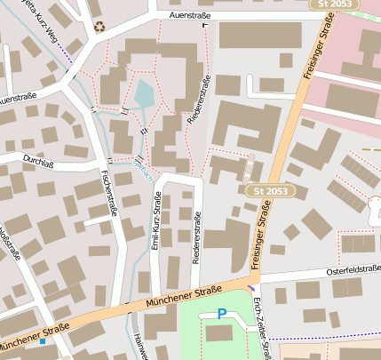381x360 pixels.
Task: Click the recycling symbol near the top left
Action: click(x=99, y=26)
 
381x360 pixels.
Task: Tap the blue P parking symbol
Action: click(x=222, y=314)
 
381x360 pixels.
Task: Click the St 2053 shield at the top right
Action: click(x=345, y=5)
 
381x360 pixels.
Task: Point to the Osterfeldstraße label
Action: click(x=353, y=269)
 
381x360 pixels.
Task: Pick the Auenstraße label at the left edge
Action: click(x=17, y=97)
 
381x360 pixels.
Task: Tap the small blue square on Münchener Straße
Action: click(x=42, y=341)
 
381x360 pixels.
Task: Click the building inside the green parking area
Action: click(x=218, y=333)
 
